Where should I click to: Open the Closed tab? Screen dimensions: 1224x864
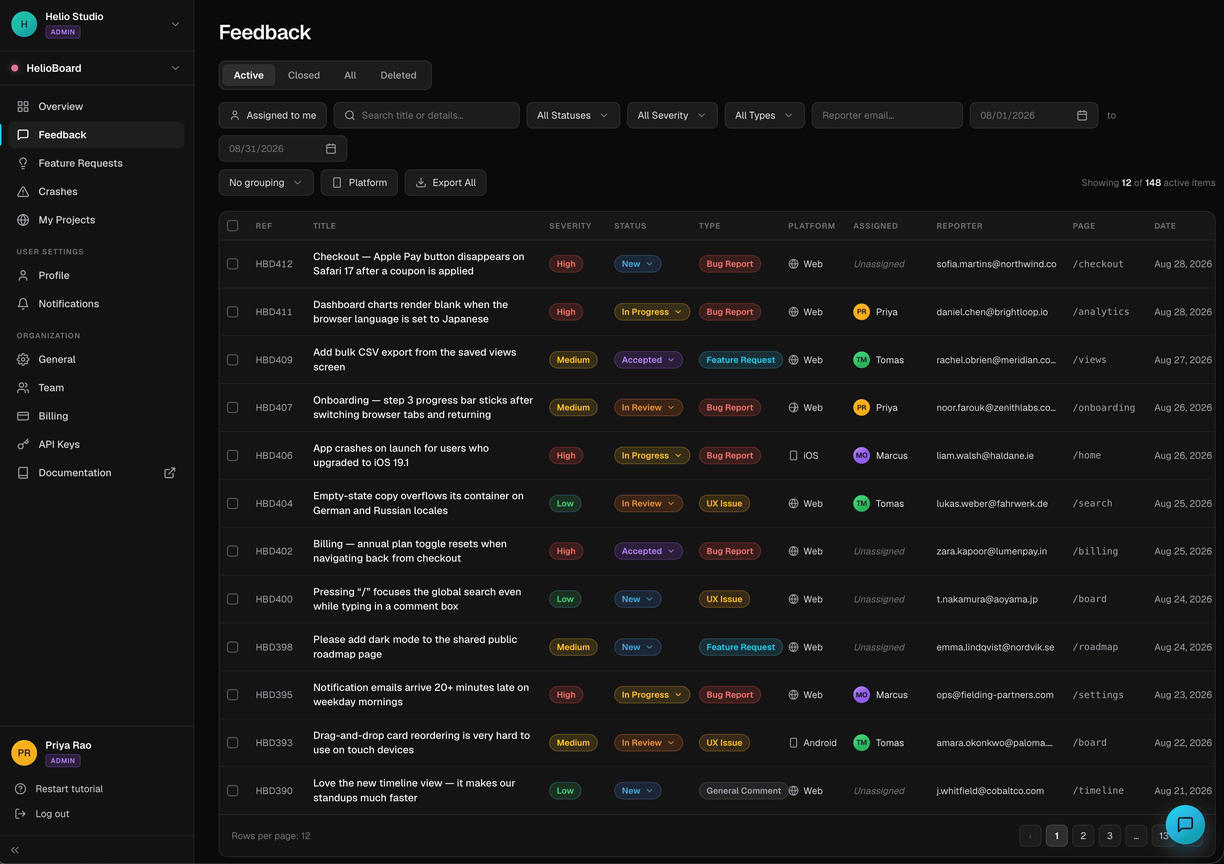(x=304, y=75)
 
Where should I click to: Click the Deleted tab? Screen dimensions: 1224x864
(x=398, y=75)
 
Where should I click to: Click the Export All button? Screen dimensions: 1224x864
(x=445, y=183)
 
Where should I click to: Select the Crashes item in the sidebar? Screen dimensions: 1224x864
(x=57, y=191)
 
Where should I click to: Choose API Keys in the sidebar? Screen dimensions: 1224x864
(x=59, y=444)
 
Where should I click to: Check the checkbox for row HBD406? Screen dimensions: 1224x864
(x=233, y=455)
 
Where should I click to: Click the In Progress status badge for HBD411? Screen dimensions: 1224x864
(x=651, y=311)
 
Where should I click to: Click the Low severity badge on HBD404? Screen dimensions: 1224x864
(x=565, y=503)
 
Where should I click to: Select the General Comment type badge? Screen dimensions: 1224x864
(x=743, y=791)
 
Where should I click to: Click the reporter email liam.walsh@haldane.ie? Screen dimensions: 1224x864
(x=985, y=455)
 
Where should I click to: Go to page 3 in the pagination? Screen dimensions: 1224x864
(x=1109, y=836)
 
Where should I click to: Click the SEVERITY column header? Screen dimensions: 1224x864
(x=570, y=226)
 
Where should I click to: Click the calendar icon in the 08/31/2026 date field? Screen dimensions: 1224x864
(x=331, y=149)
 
